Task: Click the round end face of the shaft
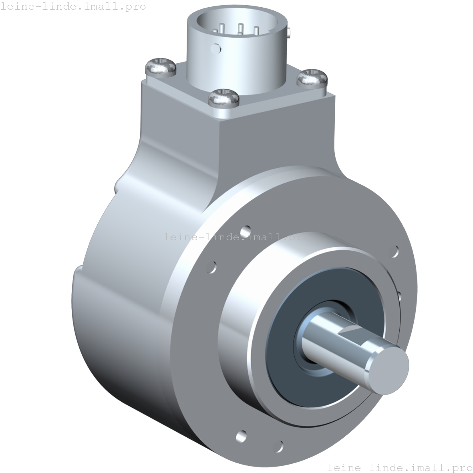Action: pos(388,368)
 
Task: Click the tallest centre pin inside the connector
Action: pos(240,28)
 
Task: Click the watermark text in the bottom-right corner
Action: pos(399,467)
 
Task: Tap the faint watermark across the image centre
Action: pos(236,237)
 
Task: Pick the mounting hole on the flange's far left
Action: pos(212,266)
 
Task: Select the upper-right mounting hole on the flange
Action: pos(394,252)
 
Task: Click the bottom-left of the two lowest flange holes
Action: pos(242,435)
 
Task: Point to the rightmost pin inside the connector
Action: pos(256,30)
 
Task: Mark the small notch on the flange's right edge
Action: pos(399,296)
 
